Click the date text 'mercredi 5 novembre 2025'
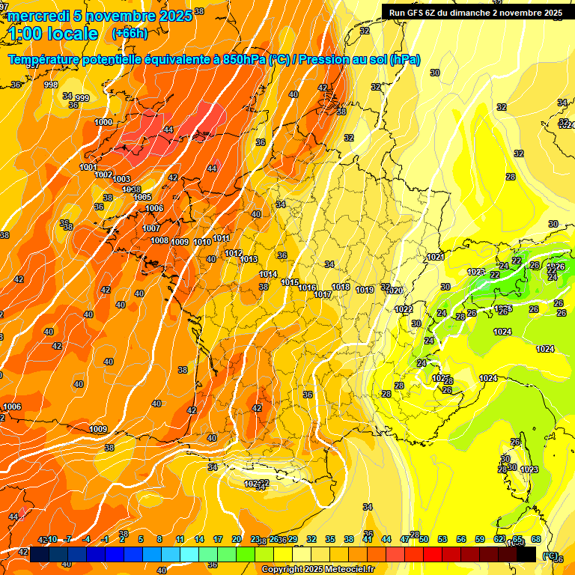100,16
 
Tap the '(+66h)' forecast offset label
130,34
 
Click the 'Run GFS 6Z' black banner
475,12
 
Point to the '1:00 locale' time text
52,34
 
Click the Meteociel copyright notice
317,570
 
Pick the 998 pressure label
51,85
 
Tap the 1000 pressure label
103,122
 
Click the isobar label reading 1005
143,197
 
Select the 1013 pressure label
249,260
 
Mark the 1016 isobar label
307,287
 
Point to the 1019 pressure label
365,290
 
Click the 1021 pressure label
435,257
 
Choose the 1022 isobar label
404,309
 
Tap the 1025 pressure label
441,378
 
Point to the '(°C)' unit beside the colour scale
550,556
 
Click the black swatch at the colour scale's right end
526,554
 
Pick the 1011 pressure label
222,239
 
